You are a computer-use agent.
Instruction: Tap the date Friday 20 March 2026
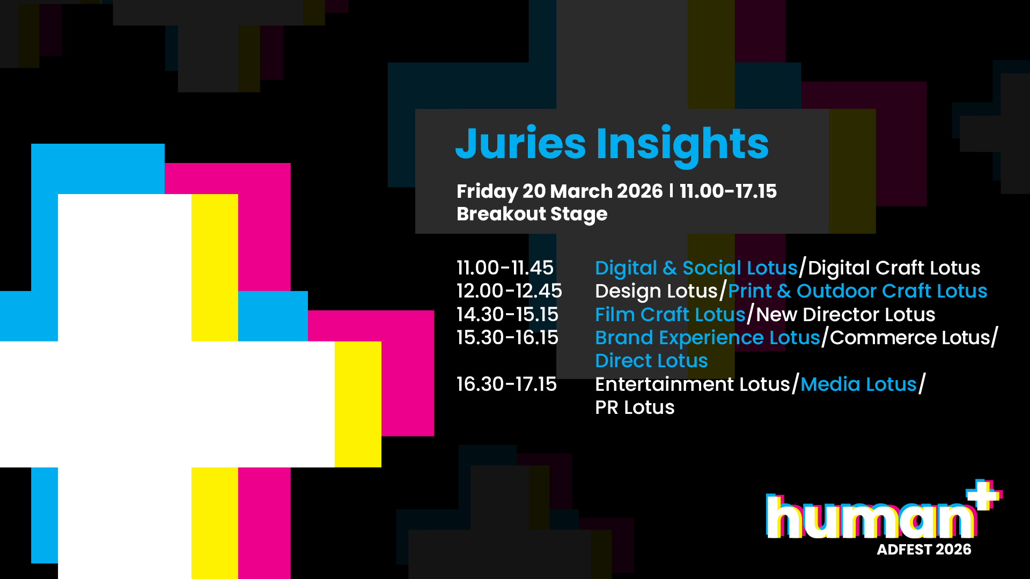point(560,191)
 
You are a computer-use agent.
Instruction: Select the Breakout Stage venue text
point(532,214)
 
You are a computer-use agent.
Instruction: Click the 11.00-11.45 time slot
point(505,268)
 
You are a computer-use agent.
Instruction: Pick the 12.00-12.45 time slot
point(509,291)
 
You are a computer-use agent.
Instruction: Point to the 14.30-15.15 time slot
point(507,314)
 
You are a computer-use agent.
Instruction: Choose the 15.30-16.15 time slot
point(507,337)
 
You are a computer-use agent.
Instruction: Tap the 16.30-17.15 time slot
point(506,384)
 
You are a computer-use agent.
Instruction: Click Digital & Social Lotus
point(696,268)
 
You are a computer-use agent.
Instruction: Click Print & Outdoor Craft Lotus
point(858,291)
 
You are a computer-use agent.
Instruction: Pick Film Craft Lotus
point(671,314)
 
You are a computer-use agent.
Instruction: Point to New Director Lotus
point(846,314)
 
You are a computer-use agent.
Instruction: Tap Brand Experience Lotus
point(708,338)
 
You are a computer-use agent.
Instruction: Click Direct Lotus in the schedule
point(652,361)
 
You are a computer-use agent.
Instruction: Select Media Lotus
point(859,384)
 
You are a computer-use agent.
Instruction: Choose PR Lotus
point(635,407)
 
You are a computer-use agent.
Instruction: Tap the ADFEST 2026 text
point(924,550)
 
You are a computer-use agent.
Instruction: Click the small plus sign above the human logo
point(984,494)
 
